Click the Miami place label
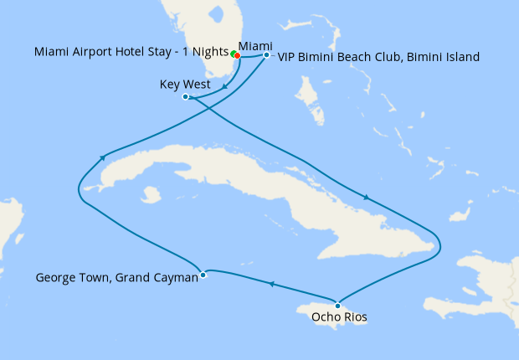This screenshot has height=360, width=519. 254,45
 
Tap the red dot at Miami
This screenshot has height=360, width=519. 238,56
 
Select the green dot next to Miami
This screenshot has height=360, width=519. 234,54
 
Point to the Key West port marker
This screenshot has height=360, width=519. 186,97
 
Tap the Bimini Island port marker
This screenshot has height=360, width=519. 266,55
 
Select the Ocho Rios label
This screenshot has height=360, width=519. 338,317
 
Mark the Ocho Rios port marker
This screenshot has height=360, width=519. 337,304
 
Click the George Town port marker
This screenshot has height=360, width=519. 203,275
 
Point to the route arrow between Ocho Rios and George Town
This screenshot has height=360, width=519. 271,285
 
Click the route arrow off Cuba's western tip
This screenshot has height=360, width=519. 102,157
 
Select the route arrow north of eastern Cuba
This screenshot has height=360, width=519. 366,198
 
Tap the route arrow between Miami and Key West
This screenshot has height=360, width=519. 224,85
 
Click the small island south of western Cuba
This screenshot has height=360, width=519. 151,195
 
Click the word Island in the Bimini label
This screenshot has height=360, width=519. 460,58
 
